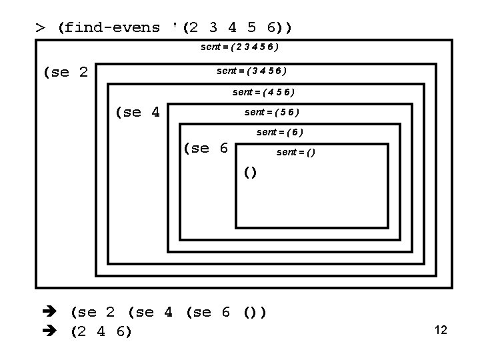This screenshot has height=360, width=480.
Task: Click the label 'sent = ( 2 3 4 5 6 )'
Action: (239, 47)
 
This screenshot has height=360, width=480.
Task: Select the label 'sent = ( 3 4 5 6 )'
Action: (252, 70)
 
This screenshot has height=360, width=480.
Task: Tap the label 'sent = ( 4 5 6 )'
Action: (263, 92)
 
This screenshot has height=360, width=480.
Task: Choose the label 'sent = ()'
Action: (296, 153)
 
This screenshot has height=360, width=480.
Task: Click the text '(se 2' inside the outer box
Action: (65, 72)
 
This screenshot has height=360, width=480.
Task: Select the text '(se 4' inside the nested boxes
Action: (137, 112)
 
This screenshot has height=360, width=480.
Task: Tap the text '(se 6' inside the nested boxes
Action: (206, 148)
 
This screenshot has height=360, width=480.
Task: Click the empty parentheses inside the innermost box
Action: (250, 173)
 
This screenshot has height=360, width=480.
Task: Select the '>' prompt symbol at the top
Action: (41, 28)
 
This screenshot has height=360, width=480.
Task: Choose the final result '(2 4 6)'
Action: (101, 331)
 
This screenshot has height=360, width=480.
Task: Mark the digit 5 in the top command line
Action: (251, 28)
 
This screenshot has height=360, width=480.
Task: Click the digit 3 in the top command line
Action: (213, 28)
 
